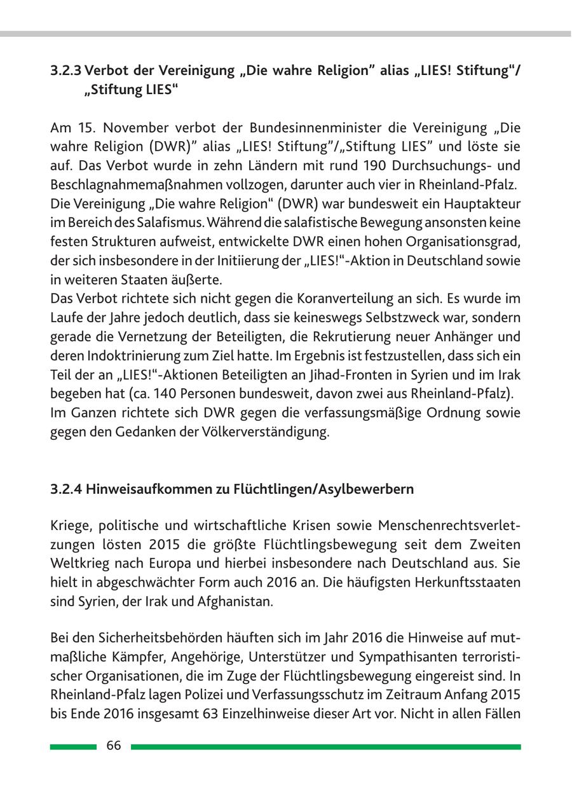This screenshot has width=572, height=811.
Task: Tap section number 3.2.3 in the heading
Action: tap(65, 72)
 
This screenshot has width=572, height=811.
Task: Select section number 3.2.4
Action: tap(65, 489)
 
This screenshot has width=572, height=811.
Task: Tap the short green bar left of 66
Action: tap(73, 747)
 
